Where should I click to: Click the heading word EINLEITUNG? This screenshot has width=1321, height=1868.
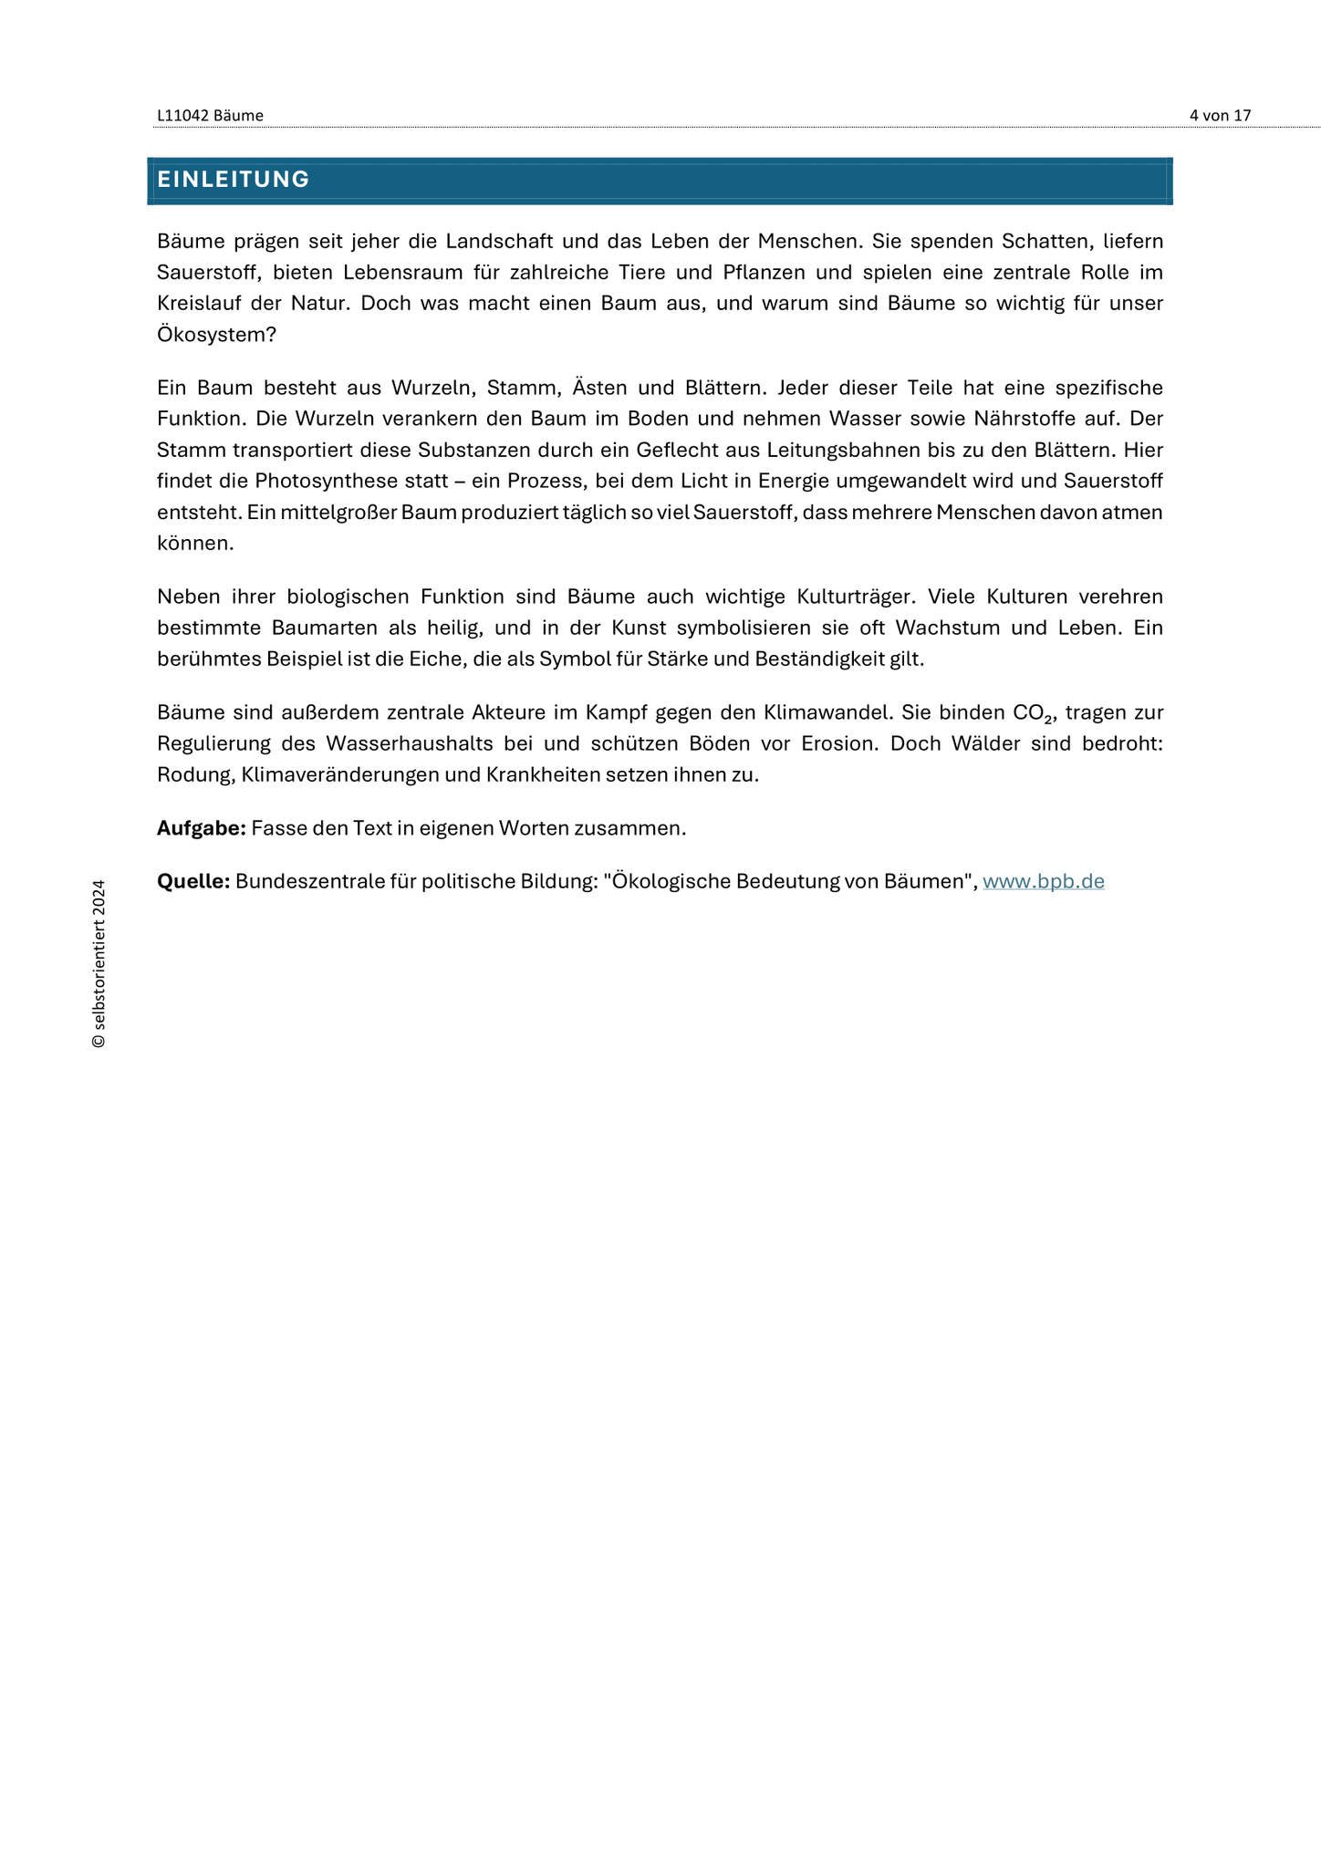(233, 180)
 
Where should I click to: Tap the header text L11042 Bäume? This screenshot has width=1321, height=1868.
(210, 116)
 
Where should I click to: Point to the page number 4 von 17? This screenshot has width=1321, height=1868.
(1220, 116)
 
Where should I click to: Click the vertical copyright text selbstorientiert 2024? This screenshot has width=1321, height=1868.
(99, 963)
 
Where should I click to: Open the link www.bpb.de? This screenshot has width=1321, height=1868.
(1043, 882)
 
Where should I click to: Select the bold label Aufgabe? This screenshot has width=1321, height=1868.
(202, 828)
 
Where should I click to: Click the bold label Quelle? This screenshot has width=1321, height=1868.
(193, 882)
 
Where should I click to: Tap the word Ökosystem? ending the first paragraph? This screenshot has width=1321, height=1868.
(216, 335)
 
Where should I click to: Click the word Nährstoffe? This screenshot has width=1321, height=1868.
(1023, 419)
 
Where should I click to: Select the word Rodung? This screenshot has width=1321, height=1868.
(193, 775)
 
